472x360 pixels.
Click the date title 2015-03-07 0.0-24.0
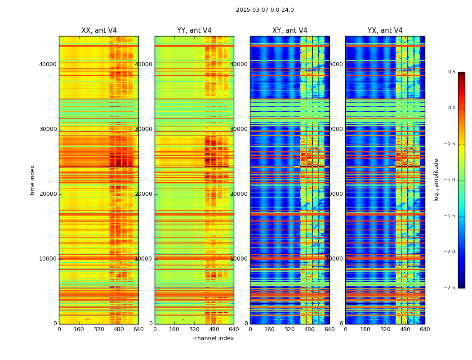(265, 10)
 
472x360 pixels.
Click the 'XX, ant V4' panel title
(99, 31)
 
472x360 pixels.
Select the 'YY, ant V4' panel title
(194, 31)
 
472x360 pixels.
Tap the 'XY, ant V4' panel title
(290, 31)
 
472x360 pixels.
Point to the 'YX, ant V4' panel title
(385, 31)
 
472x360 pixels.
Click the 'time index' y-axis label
(32, 180)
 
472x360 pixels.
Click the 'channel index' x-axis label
(214, 338)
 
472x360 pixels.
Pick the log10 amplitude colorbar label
(436, 180)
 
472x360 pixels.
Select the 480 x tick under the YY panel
(214, 329)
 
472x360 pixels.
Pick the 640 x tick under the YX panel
(425, 329)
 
